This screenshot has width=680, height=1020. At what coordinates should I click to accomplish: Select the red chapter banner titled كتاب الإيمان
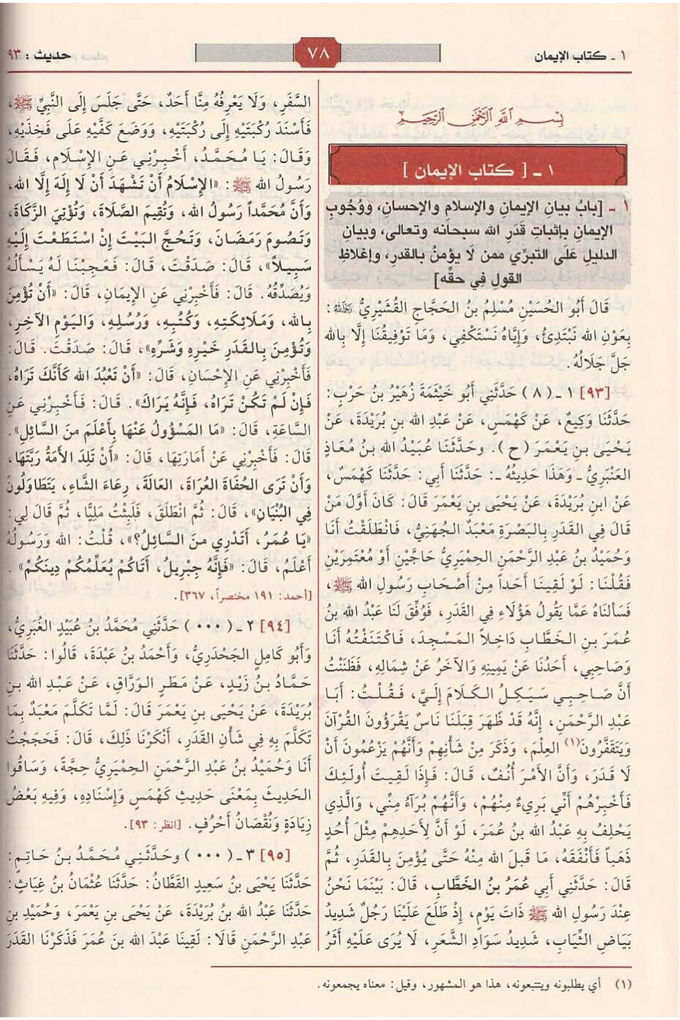pyautogui.click(x=478, y=169)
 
